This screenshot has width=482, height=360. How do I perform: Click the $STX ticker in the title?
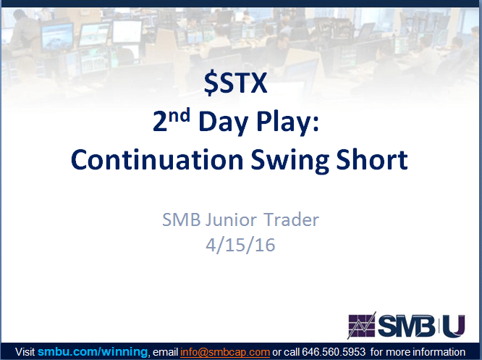[235, 83]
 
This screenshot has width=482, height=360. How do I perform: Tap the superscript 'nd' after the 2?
[179, 115]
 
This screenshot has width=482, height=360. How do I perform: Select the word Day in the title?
[223, 122]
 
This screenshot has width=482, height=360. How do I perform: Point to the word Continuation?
[157, 160]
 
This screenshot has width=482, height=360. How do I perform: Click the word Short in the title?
[372, 159]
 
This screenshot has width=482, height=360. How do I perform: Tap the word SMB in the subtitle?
[182, 219]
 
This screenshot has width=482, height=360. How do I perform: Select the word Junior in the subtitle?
[231, 219]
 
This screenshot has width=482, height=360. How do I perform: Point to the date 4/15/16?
[240, 246]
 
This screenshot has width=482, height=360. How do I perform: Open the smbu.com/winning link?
[93, 352]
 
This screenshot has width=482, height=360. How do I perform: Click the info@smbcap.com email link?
[225, 352]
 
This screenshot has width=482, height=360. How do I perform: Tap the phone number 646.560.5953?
[334, 352]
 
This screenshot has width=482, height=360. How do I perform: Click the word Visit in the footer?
[25, 352]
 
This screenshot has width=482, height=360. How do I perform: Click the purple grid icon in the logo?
[362, 325]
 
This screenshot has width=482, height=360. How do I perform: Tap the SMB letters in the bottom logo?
[407, 326]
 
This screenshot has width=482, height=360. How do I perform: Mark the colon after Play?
[316, 124]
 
